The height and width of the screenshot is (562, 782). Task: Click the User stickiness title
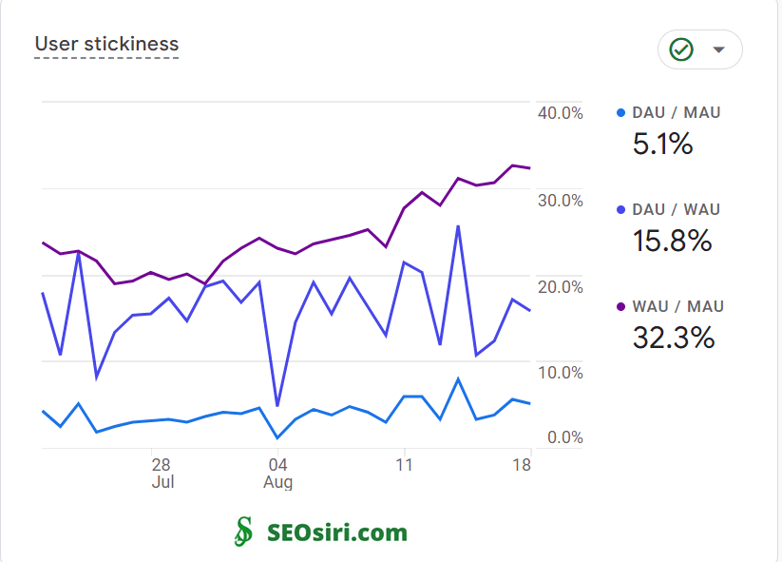pos(106,44)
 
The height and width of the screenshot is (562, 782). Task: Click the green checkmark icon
pos(680,49)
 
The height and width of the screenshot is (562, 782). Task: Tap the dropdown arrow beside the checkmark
pos(719,49)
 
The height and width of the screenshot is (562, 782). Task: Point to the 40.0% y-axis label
pos(561,113)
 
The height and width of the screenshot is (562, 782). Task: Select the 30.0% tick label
pos(561,201)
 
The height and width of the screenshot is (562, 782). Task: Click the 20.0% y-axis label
pos(561,287)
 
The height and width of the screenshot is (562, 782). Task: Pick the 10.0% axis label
pos(561,373)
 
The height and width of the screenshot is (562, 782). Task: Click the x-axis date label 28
pos(161,465)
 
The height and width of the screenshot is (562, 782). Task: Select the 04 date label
pos(277,465)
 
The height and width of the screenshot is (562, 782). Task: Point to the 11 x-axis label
pos(404,465)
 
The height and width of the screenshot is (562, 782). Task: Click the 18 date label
pos(521,465)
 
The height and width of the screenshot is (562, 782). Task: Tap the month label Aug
pos(277,482)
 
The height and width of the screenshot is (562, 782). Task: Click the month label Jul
pos(162,482)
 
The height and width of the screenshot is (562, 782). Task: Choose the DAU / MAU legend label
pos(676,112)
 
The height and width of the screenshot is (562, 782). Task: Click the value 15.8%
pos(672,241)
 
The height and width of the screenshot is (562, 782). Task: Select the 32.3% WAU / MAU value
pos(673,338)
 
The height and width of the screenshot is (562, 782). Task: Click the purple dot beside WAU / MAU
pos(620,306)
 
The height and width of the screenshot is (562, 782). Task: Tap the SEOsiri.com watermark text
pos(337,533)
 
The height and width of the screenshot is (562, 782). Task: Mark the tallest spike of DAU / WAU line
pos(459,226)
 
